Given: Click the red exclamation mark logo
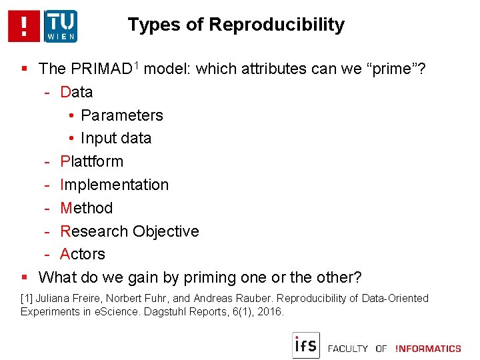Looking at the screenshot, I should point(24,26).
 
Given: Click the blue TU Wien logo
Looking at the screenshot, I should point(61,26).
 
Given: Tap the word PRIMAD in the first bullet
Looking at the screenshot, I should point(99,69).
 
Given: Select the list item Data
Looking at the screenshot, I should point(76,92).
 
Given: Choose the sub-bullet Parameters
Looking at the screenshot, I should point(121,115).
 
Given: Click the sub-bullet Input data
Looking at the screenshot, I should point(115,138).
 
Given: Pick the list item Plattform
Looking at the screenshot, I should point(91,161).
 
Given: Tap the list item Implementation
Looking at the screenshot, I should point(114,185).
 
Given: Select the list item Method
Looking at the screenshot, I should point(86,208).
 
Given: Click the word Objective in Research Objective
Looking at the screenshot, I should point(165,231).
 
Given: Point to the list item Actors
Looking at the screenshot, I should point(83,254).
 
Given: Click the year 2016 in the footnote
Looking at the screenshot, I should point(271,311).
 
